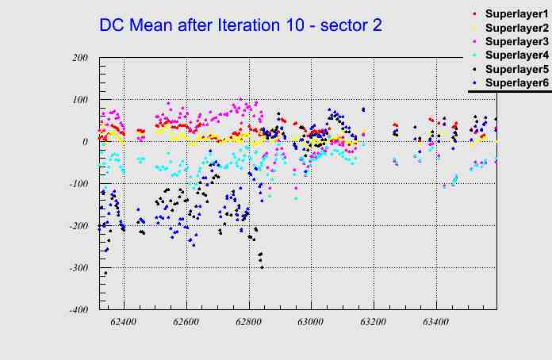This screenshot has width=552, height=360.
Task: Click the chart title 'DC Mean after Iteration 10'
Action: pos(240,25)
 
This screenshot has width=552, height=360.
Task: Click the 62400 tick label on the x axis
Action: pos(124,323)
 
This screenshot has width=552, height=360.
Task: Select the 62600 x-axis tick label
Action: pos(186,323)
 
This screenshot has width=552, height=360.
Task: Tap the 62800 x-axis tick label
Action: pos(248,323)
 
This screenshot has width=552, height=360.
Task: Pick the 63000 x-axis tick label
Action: pos(311,323)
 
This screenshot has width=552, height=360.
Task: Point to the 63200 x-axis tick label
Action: pos(373,323)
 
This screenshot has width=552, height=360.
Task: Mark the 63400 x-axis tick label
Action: pos(435,323)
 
